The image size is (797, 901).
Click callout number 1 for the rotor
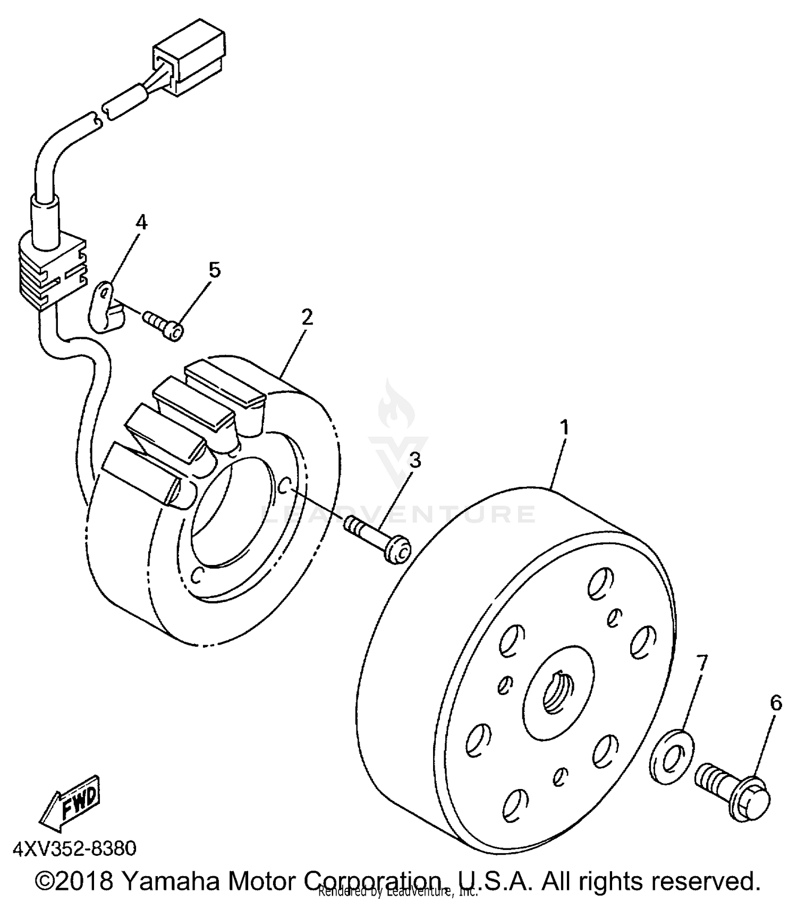(564, 427)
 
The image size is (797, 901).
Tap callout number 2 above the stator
(307, 318)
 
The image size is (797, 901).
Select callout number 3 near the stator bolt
(414, 460)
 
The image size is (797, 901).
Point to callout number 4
(141, 222)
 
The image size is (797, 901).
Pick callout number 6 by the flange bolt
(776, 703)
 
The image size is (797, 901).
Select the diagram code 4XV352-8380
(74, 848)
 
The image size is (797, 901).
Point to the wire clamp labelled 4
(106, 308)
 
